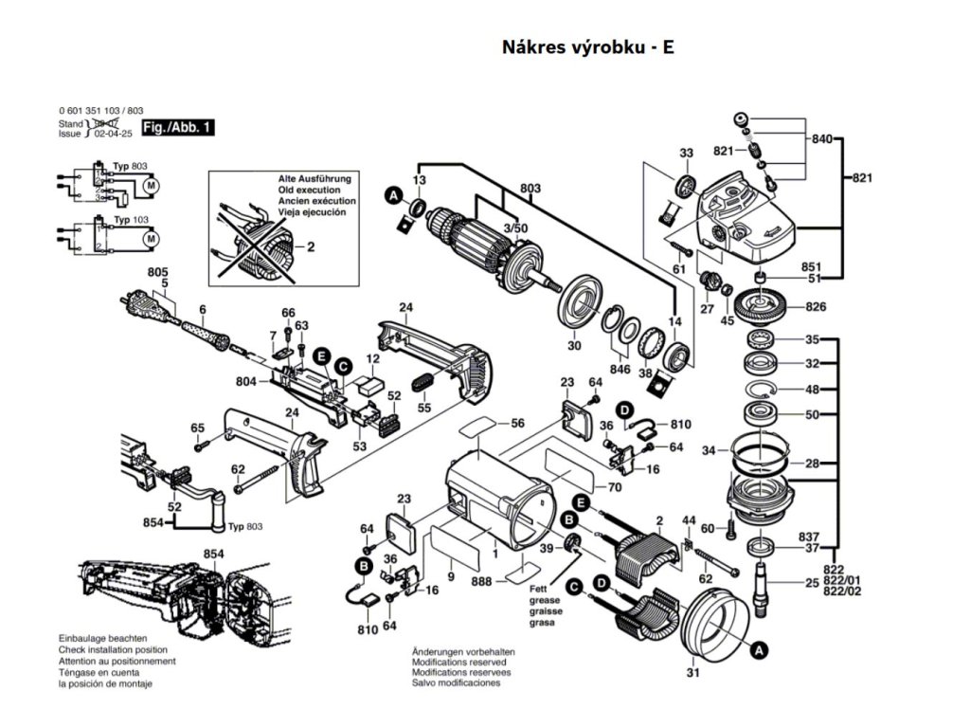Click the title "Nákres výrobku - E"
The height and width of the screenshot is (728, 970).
[587, 47]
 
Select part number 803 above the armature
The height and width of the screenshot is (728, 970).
[530, 189]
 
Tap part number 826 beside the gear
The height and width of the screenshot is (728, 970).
[816, 307]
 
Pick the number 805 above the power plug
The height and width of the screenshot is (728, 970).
[157, 272]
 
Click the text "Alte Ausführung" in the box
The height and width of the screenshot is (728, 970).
[314, 178]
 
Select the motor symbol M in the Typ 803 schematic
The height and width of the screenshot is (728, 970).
[151, 187]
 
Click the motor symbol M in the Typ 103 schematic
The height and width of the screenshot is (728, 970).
[151, 240]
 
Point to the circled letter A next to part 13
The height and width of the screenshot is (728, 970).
[392, 196]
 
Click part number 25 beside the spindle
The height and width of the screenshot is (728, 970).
[812, 583]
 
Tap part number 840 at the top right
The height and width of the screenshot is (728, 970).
[821, 139]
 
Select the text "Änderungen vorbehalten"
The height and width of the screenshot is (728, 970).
[463, 652]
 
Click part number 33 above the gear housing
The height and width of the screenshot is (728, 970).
[687, 153]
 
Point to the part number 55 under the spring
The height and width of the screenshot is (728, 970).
[424, 407]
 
